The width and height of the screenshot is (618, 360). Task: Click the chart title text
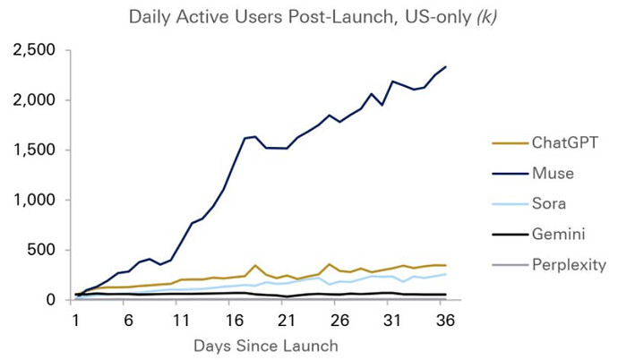pos(313,18)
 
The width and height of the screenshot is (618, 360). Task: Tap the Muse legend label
pos(553,174)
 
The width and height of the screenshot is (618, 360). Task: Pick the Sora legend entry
pos(549,203)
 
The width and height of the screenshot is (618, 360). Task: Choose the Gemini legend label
pos(558,234)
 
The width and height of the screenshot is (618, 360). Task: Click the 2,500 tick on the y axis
pos(34,50)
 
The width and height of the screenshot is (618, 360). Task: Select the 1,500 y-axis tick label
pos(34,150)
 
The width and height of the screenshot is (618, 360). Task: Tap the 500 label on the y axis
pos(41,250)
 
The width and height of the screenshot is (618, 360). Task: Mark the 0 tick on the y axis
pos(50,300)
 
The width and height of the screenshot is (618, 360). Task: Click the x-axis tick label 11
pos(181,321)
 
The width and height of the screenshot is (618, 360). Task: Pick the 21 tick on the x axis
pos(286,321)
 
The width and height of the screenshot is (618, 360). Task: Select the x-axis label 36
pos(445,321)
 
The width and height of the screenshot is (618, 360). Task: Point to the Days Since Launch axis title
pos(266,346)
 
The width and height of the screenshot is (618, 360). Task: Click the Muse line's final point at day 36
pos(446,66)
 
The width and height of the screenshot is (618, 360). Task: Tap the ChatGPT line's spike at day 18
pos(255,265)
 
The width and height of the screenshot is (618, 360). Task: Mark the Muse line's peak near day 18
pos(254,137)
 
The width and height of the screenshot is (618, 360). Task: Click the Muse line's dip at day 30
pos(382,105)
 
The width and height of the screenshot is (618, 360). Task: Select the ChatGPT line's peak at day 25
pos(329,264)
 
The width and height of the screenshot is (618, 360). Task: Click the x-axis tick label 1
pos(75,321)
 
